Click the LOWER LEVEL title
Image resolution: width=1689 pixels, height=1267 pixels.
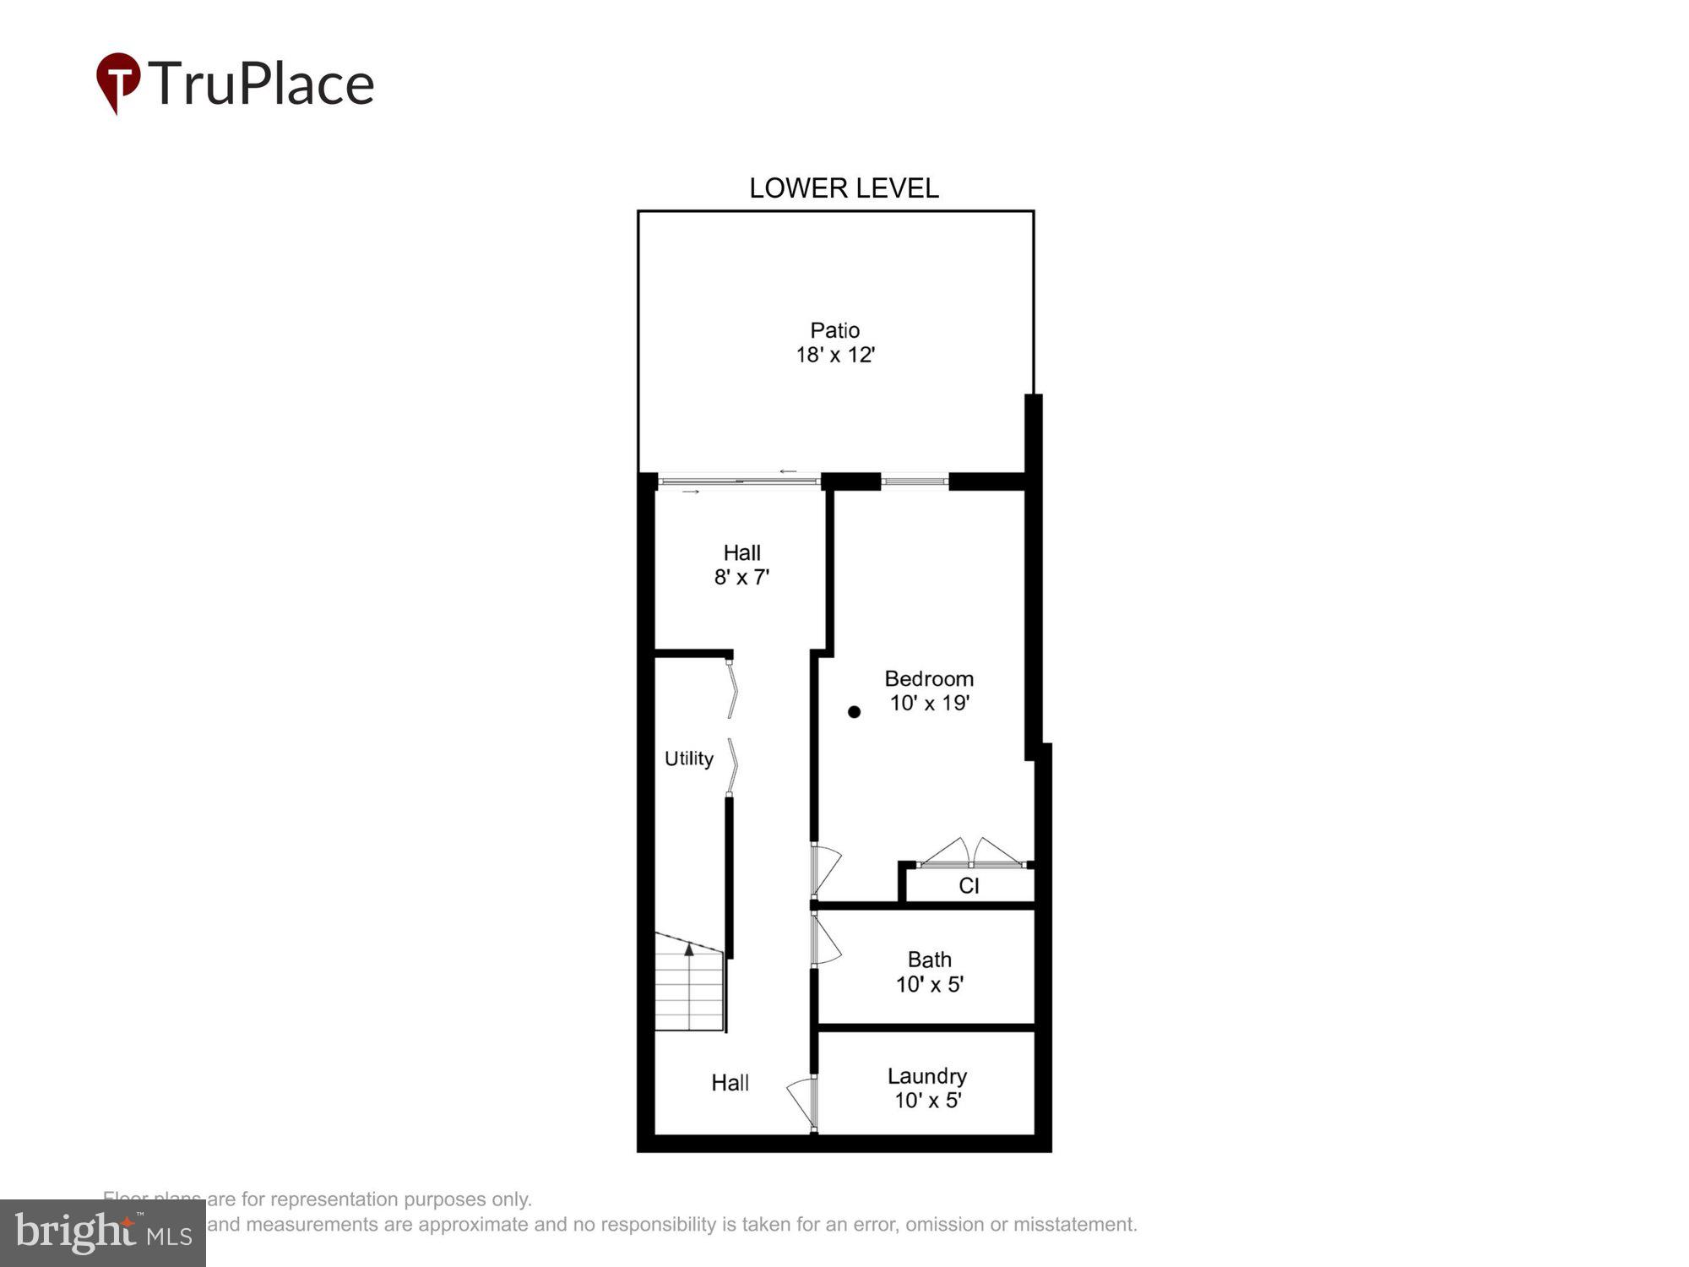pos(844,188)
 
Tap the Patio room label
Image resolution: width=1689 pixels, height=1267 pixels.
pos(834,330)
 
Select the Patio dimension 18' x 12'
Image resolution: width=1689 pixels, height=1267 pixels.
pos(834,355)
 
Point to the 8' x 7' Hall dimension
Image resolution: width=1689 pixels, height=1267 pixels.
pos(741,578)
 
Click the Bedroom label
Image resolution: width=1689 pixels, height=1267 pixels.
pos(929,679)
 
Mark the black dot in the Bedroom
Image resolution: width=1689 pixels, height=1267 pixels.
pos(854,712)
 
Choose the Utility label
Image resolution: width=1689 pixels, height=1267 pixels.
pos(688,759)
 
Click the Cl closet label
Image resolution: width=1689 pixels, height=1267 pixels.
pos(969,886)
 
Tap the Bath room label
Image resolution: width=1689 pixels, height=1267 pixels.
pos(929,960)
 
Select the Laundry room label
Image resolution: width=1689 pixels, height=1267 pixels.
pos(926,1076)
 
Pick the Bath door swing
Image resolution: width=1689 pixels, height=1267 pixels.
pos(826,939)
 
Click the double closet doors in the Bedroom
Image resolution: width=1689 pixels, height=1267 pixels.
pos(971,853)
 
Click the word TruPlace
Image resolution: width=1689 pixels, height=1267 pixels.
pos(261,84)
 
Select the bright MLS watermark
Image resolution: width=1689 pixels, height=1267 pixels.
pos(103,1232)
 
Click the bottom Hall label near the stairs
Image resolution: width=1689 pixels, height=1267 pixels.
pos(730,1083)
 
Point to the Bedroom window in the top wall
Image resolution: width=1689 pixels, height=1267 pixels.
pos(915,481)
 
